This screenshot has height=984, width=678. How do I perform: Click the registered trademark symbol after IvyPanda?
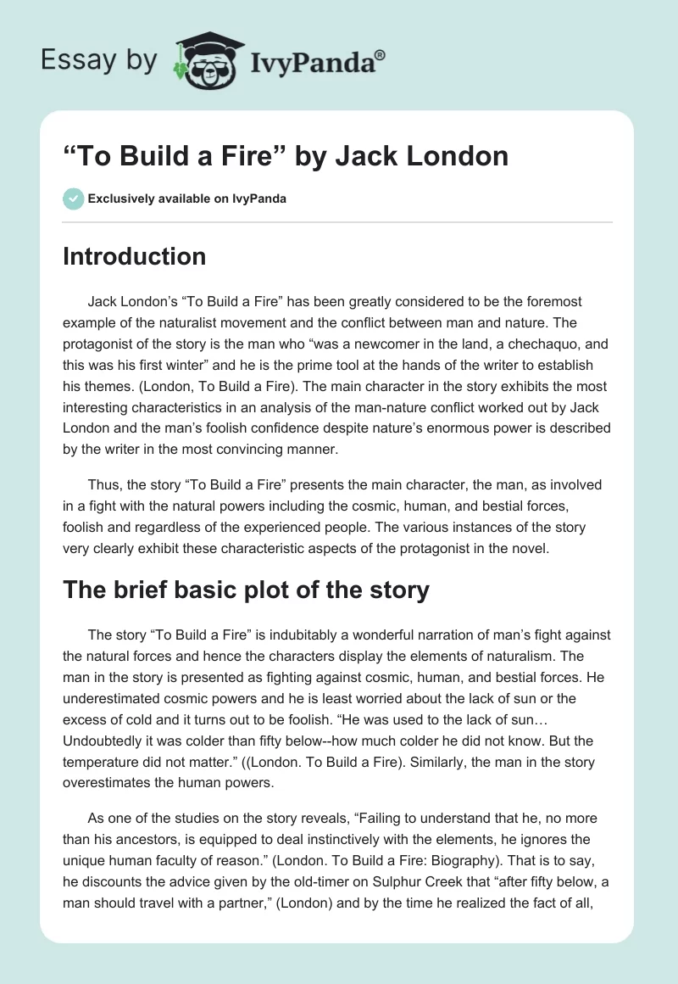381,55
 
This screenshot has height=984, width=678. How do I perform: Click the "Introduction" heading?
134,256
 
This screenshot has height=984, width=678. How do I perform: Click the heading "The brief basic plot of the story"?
246,590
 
